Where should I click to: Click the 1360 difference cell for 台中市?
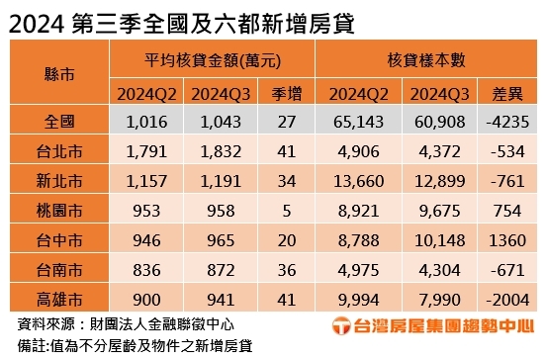click(x=505, y=242)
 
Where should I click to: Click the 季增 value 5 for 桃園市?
click(x=285, y=213)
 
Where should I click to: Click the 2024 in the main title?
click(x=37, y=19)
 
